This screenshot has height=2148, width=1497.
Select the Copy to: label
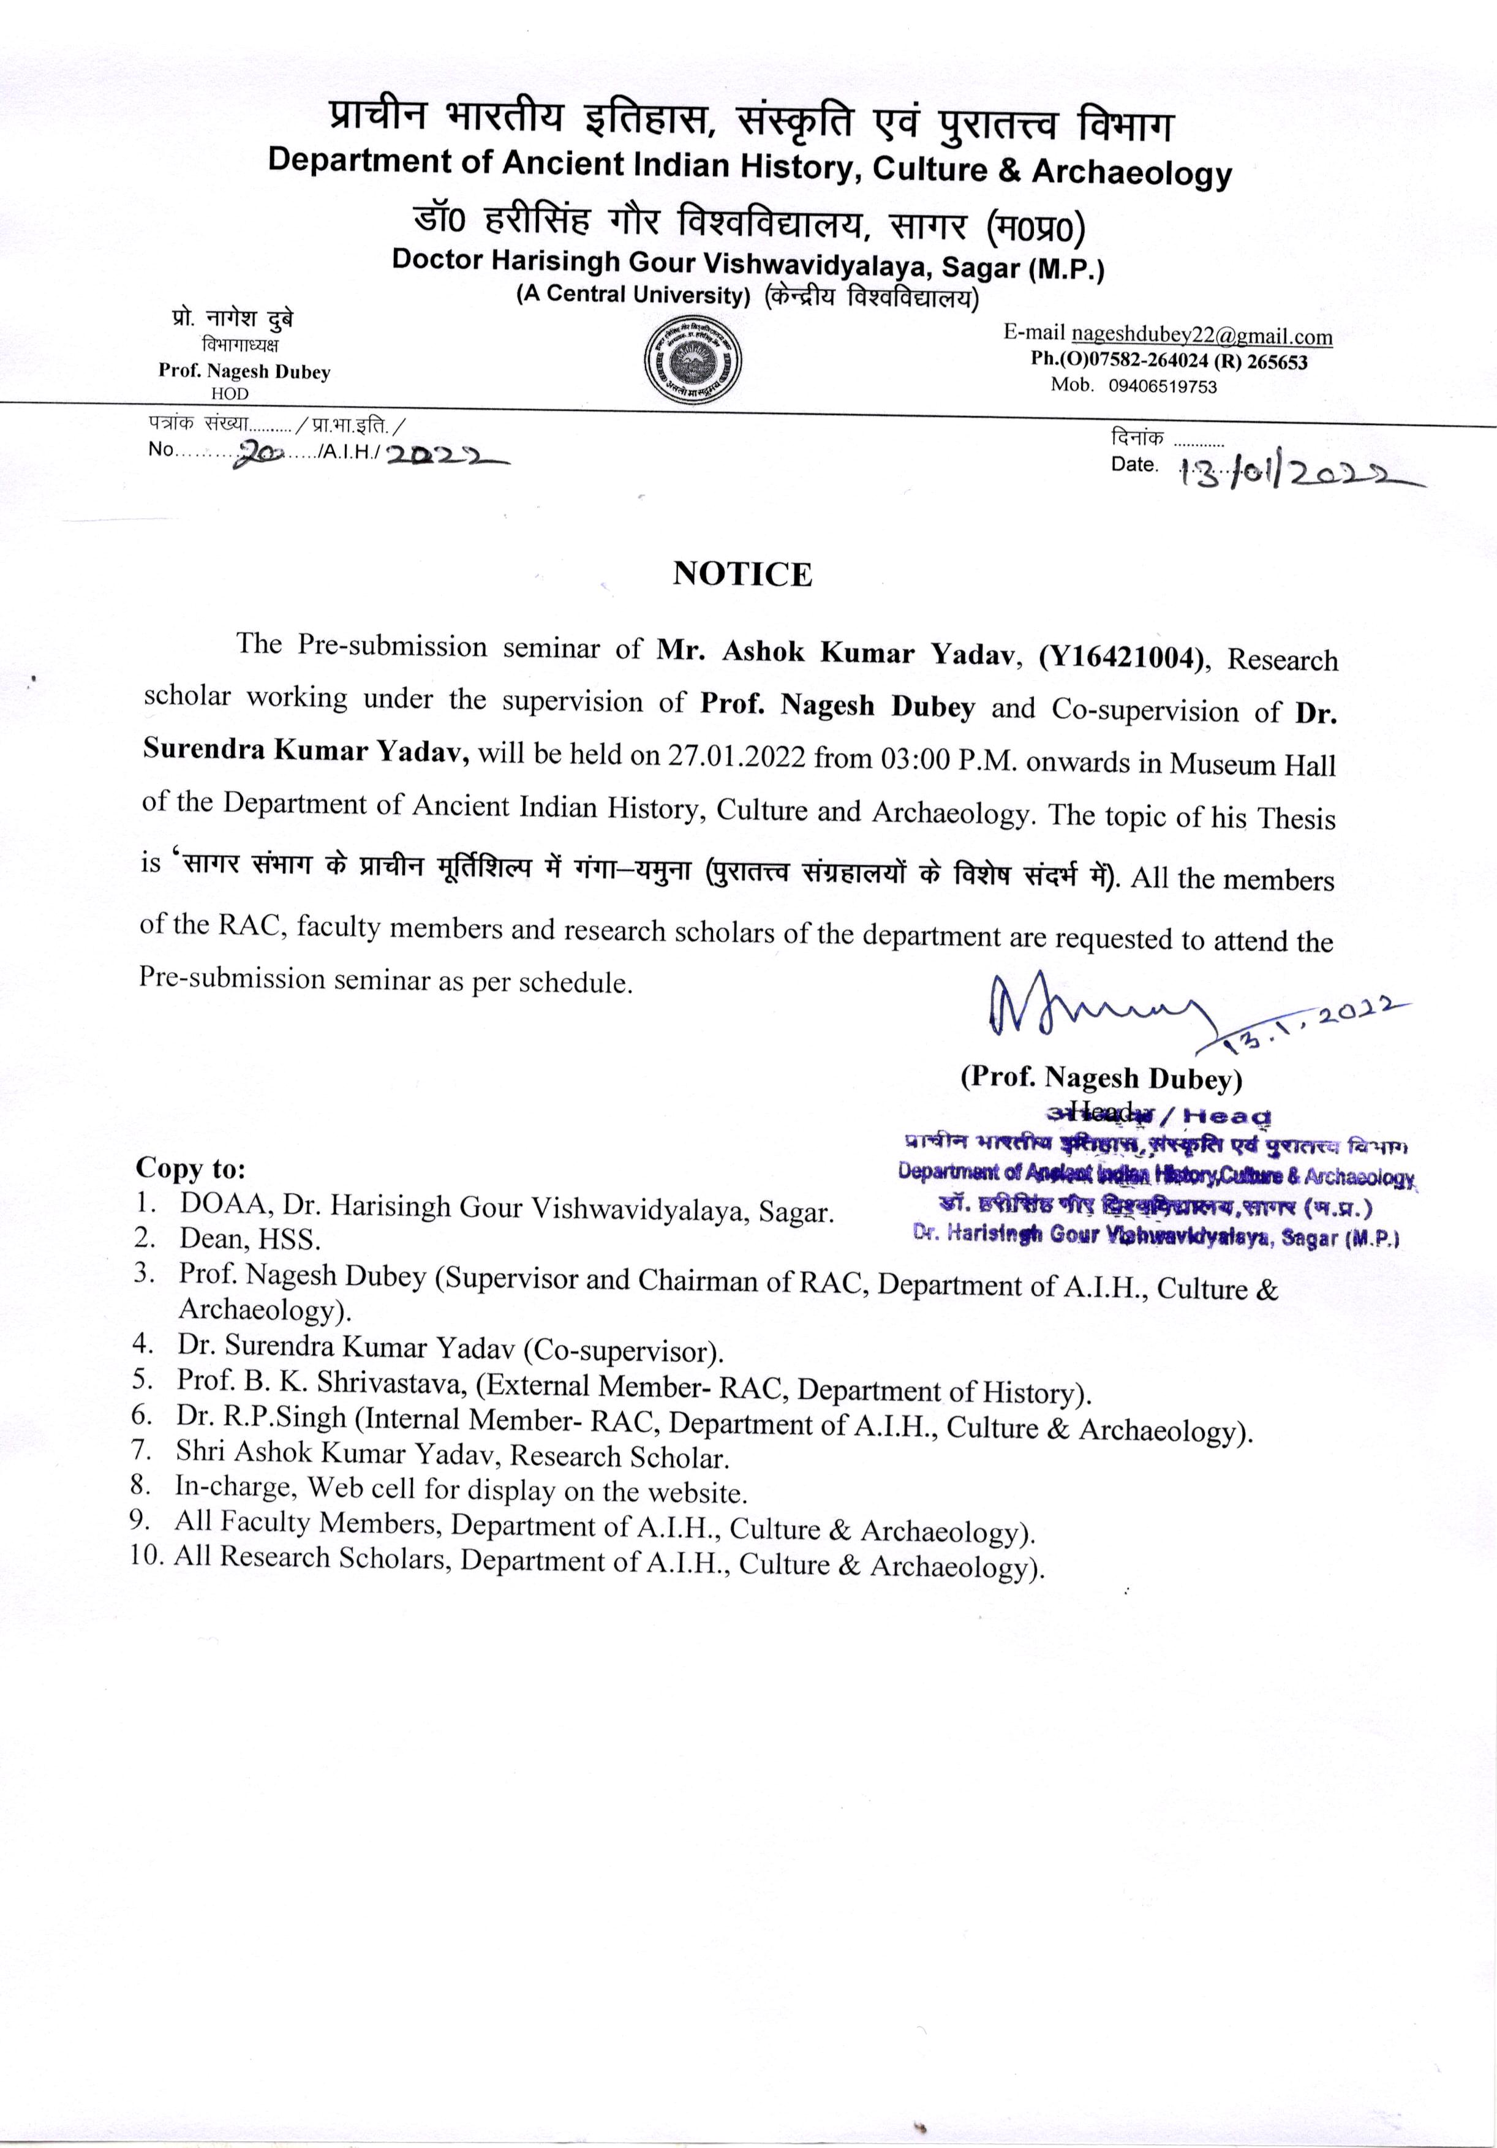(191, 1169)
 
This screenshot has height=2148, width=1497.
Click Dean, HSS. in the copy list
(250, 1240)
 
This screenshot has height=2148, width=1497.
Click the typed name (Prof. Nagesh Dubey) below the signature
(1101, 1079)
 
